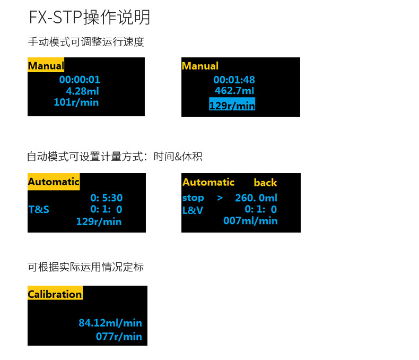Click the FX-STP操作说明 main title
coord(90,17)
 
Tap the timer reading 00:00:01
coord(80,80)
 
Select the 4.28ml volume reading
coord(80,91)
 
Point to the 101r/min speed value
coord(76,102)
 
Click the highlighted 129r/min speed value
coord(232,105)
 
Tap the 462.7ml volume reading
coord(234,91)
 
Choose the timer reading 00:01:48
coord(234,80)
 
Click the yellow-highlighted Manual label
coord(46,66)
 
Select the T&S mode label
coord(39,209)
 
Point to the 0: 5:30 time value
coord(106,198)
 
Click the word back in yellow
coord(265,183)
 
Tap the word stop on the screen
coord(193,198)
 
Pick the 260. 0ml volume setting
coord(256,198)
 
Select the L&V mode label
coord(193,210)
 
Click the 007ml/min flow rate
coord(250,220)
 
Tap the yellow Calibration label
coord(55,294)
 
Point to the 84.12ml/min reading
coord(110,322)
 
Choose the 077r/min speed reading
coord(119,336)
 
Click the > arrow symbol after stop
coord(220,198)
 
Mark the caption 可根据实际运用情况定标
coord(85,267)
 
